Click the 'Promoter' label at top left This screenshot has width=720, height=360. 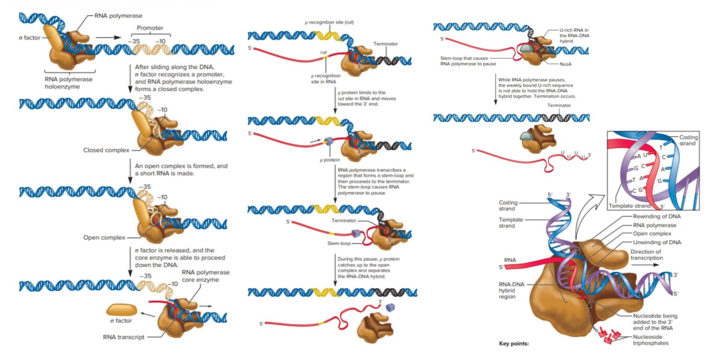150,28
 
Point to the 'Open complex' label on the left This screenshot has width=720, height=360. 104,237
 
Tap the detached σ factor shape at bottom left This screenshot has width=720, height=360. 122,309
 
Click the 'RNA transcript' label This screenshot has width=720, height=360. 124,337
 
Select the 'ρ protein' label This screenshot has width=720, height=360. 330,160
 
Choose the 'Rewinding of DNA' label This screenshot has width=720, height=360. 657,216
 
